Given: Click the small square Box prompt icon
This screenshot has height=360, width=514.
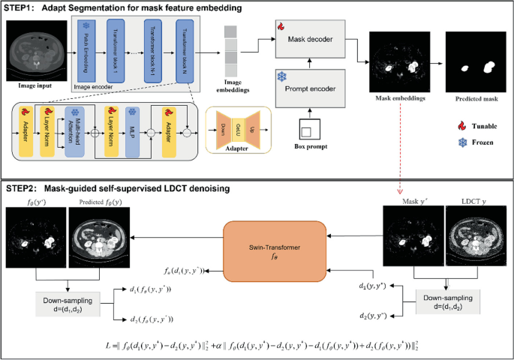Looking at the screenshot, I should tap(307, 133).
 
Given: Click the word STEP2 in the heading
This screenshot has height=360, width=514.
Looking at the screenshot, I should tap(22, 189).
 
